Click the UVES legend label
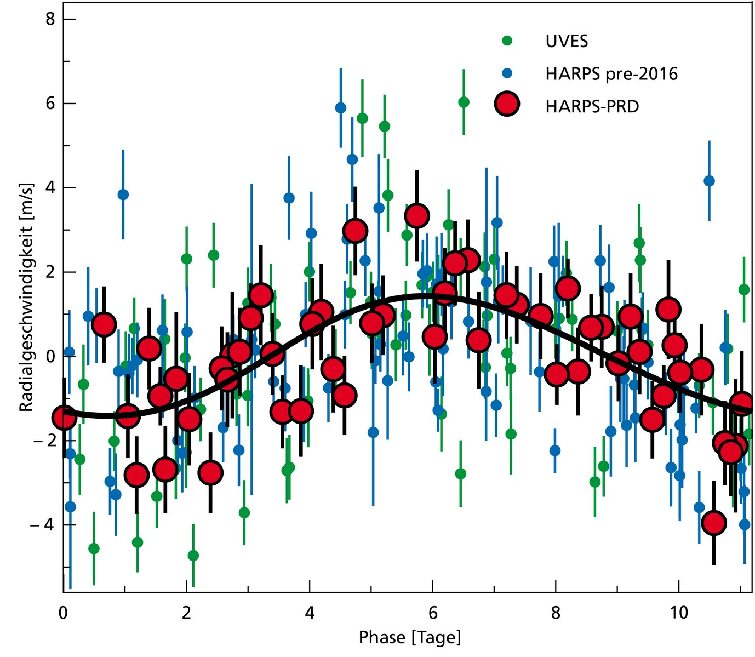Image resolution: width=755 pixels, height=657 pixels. tap(567, 42)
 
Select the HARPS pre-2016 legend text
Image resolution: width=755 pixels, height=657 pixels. tap(611, 73)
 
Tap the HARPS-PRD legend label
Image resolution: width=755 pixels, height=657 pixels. tap(592, 106)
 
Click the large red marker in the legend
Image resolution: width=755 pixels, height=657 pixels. tap(507, 104)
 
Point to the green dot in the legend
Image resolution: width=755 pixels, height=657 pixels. tap(507, 41)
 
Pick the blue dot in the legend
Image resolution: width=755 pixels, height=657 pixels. tap(507, 72)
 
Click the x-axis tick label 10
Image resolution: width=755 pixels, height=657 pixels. tap(678, 612)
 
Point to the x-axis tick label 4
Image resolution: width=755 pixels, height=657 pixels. tap(310, 612)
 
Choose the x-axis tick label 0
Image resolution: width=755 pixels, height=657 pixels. tap(64, 612)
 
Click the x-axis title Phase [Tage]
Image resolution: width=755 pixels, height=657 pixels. tap(409, 637)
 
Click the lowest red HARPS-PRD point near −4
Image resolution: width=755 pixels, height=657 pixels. tap(713, 523)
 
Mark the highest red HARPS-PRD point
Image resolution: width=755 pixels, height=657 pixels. tap(417, 216)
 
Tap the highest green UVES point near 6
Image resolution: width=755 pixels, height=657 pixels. tap(464, 102)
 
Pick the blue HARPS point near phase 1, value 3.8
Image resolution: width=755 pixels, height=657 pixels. tap(123, 195)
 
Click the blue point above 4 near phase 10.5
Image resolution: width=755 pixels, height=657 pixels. tap(709, 181)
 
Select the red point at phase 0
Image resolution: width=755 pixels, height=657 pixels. tap(65, 418)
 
